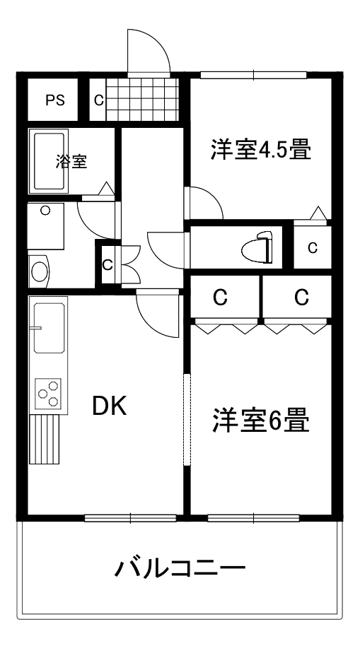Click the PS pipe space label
tap(55, 100)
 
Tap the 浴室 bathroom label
tap(71, 162)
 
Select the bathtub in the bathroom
tap(49, 161)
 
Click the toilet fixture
tap(257, 247)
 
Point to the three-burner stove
tap(49, 393)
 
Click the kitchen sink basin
tap(50, 328)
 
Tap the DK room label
tap(110, 406)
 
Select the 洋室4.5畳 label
tap(261, 150)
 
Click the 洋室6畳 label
tap(261, 421)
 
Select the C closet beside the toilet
tap(313, 247)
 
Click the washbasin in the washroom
tap(39, 272)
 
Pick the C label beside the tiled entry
tap(98, 100)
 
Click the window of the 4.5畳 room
tap(254, 76)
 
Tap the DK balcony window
tap(130, 518)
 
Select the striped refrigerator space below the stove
tap(45, 440)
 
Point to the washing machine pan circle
tap(45, 211)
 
